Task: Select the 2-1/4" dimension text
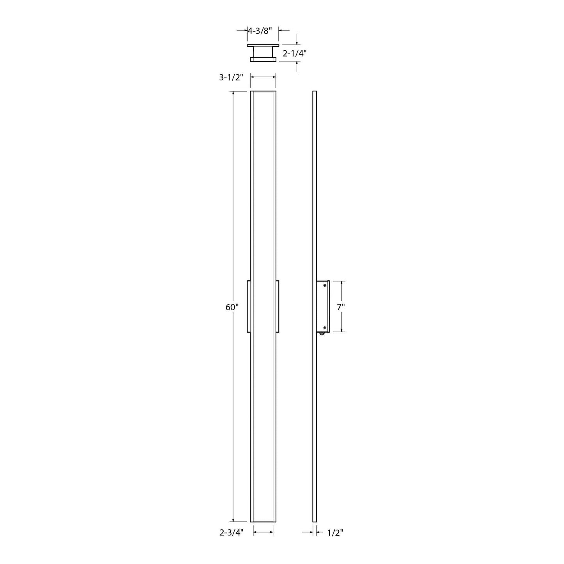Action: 295,54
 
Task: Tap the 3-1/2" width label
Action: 231,78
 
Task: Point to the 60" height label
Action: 232,307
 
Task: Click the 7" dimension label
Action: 341,307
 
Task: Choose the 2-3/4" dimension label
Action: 231,533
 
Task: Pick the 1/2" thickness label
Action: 335,533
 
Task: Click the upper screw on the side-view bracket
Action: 325,286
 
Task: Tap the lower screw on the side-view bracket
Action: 325,327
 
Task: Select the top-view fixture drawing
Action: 263,53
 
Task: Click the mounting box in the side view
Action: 323,306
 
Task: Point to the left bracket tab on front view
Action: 249,306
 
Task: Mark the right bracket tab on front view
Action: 278,306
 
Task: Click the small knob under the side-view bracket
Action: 322,334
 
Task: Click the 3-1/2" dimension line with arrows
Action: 263,77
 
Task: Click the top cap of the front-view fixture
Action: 263,92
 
